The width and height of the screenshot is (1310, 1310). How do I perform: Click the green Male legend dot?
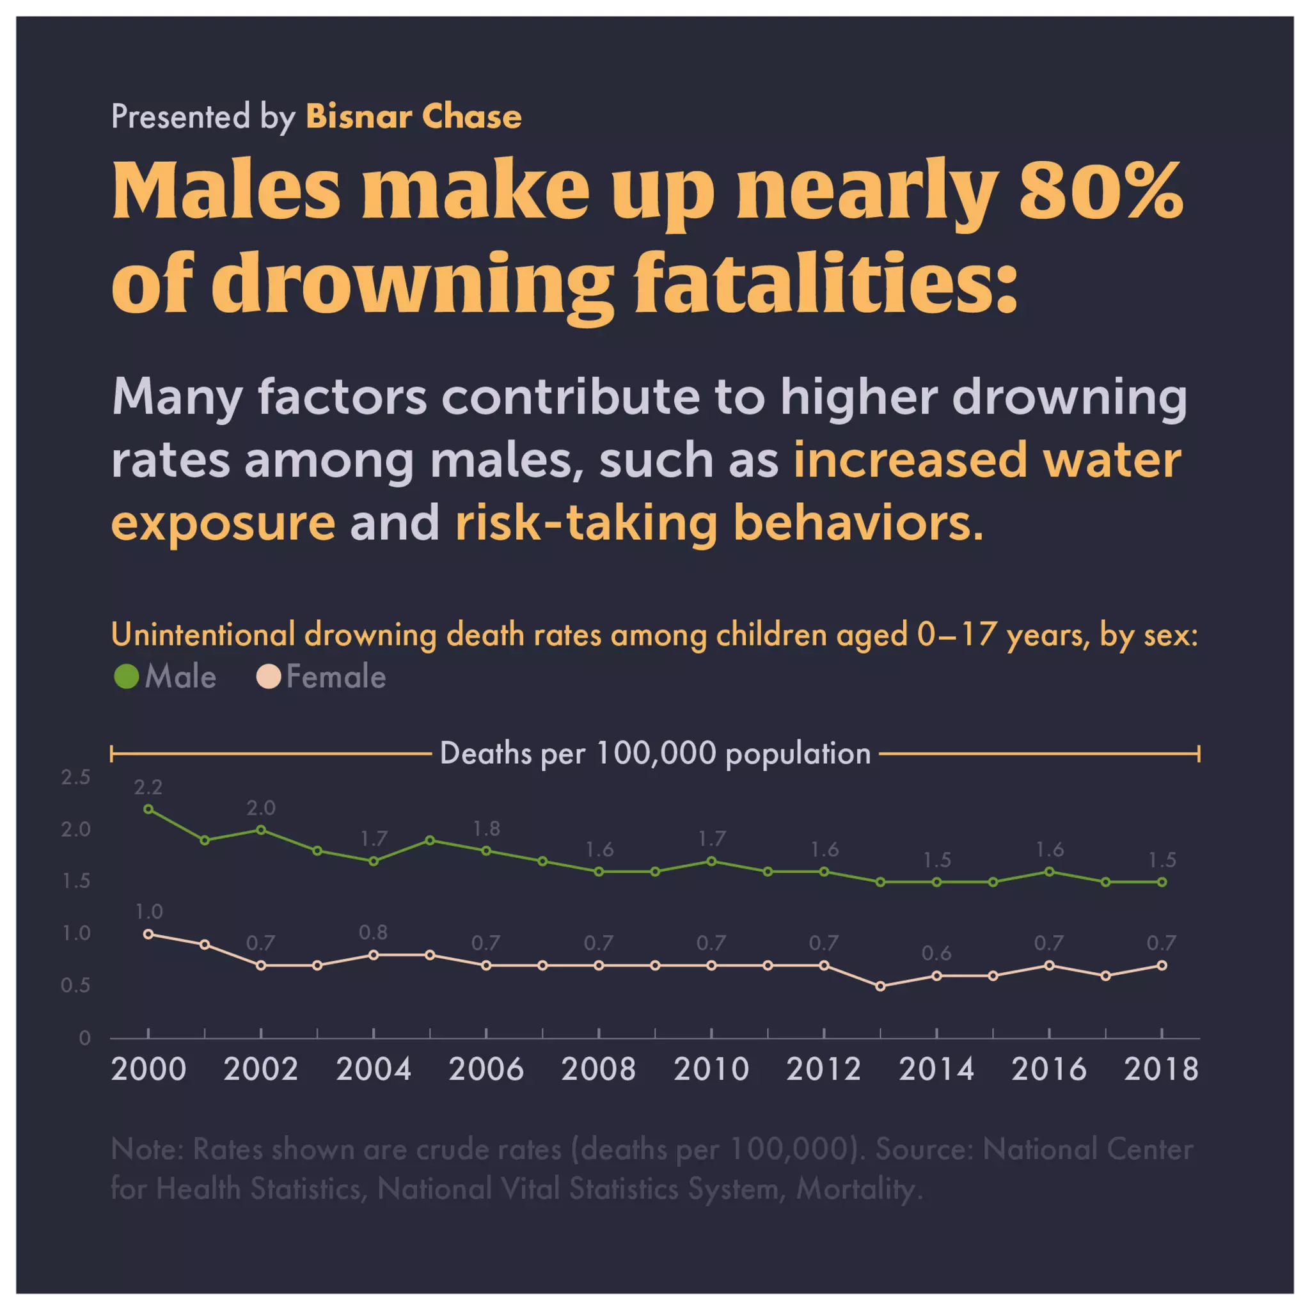[x=126, y=677]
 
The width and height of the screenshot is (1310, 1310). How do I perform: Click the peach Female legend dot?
[x=269, y=677]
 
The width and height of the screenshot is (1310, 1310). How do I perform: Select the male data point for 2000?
[x=148, y=809]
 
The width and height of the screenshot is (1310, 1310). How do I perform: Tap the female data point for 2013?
[x=880, y=986]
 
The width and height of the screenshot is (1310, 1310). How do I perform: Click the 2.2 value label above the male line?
[x=148, y=787]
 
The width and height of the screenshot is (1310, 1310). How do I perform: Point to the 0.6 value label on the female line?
[x=936, y=953]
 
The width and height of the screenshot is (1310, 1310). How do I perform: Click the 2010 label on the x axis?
[x=711, y=1069]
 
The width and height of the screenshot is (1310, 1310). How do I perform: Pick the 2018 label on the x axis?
[x=1161, y=1069]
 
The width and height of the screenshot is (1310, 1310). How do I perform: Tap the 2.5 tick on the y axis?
[x=75, y=777]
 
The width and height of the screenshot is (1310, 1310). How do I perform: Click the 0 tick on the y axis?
[x=84, y=1038]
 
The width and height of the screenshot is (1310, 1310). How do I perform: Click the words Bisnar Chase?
[x=414, y=116]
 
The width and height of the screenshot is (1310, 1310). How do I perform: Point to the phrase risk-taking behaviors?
[x=719, y=523]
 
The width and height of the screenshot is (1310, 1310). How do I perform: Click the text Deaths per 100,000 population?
[x=655, y=754]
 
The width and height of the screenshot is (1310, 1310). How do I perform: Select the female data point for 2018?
[x=1162, y=965]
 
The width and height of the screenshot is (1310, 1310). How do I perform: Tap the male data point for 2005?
[x=430, y=840]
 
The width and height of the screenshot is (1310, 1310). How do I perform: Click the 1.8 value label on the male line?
[x=486, y=828]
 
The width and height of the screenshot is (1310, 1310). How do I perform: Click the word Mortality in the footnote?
[x=858, y=1188]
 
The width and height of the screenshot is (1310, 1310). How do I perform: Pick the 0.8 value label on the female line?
[x=373, y=933]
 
